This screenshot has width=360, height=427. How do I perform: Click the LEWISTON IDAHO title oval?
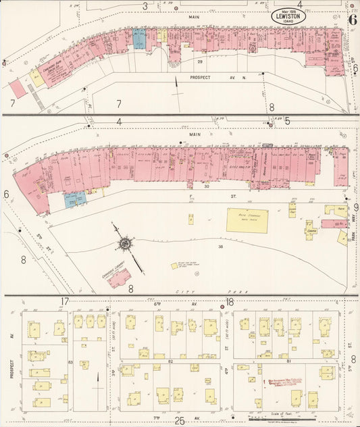289,16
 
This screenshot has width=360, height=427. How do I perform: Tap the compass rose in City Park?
125,241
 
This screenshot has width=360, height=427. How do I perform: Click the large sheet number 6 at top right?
352,18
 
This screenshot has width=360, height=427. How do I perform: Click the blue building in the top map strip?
139,39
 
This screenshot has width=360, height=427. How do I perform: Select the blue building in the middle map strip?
76,199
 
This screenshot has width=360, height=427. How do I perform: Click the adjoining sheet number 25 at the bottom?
180,421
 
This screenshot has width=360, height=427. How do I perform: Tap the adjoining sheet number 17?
65,301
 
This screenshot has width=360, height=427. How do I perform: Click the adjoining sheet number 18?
230,301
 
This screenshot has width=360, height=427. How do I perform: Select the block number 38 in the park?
201,247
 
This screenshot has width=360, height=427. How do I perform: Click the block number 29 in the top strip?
199,62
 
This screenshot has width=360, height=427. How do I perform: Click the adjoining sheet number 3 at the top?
145,6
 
